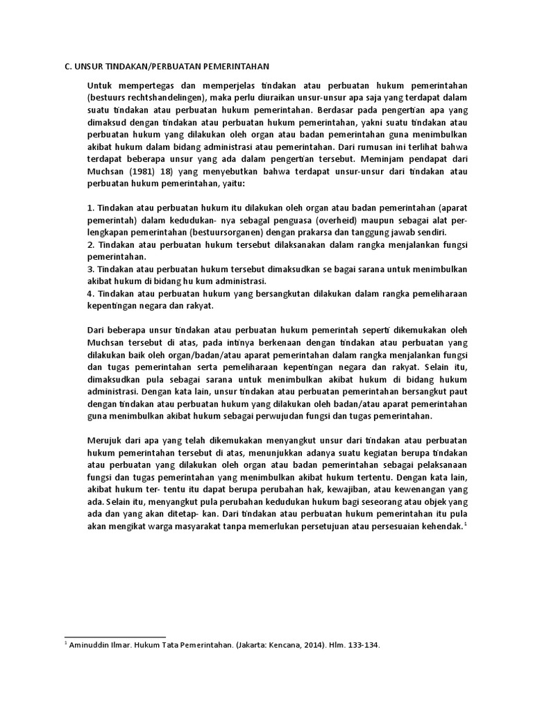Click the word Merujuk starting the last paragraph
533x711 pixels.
coord(104,440)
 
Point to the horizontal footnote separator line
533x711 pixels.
coord(115,636)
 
